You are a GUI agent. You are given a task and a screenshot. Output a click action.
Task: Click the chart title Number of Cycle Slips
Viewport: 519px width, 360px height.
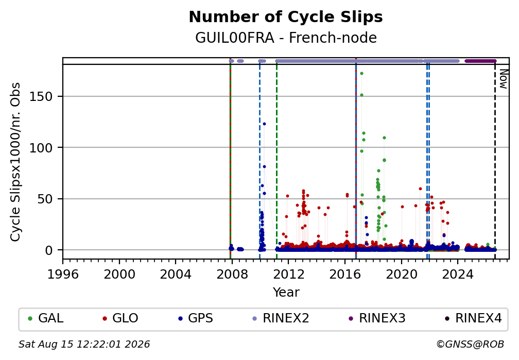(286, 17)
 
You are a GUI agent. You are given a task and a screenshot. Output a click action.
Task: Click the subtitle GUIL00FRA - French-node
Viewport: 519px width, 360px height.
(286, 38)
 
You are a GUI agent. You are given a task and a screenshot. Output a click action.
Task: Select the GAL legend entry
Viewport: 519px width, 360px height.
(46, 318)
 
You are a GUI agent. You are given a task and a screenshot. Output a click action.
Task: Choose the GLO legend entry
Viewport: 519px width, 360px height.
(120, 318)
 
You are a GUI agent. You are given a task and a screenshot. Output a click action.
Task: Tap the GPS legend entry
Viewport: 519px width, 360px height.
(196, 318)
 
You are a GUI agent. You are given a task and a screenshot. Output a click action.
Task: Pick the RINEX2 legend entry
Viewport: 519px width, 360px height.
(281, 318)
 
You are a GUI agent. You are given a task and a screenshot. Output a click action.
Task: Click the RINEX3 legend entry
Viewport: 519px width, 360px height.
(377, 318)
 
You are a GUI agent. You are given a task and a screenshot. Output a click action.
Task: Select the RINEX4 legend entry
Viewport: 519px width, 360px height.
(473, 318)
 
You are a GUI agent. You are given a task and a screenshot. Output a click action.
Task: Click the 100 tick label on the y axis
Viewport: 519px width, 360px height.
(41, 148)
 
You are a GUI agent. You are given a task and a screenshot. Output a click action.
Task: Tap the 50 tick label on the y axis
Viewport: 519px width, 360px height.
(45, 199)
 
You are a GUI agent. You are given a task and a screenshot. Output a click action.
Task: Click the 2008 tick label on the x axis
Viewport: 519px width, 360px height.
(232, 274)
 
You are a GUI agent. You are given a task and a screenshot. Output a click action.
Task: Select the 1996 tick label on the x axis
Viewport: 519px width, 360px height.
(63, 274)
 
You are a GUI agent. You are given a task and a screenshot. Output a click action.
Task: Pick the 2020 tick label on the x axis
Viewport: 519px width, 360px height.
(401, 274)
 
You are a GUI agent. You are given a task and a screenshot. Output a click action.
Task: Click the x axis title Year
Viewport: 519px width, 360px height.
(286, 292)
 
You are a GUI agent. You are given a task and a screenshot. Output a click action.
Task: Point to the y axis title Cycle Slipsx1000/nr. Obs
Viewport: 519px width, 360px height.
(15, 162)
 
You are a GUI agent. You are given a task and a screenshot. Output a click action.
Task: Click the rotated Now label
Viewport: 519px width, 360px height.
(504, 79)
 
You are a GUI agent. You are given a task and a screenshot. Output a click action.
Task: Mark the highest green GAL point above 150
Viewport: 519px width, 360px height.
(362, 74)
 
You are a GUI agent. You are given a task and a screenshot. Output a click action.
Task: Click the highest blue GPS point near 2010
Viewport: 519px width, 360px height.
(264, 124)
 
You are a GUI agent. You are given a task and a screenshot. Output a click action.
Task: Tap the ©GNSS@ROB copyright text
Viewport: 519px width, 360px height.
(470, 345)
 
